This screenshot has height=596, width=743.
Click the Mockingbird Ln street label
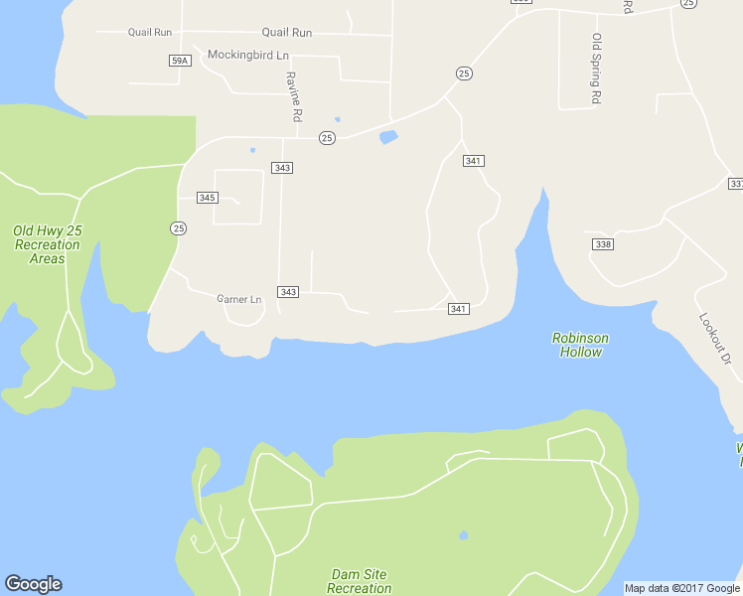click(x=247, y=54)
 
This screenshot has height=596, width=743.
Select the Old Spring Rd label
click(x=597, y=69)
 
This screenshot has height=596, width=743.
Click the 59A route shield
click(x=179, y=61)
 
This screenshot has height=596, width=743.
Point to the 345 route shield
click(x=207, y=198)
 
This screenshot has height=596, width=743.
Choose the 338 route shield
click(x=602, y=244)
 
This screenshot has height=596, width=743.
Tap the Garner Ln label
click(x=238, y=298)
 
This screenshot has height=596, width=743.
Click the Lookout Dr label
click(x=714, y=337)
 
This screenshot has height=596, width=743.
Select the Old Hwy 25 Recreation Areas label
click(x=47, y=244)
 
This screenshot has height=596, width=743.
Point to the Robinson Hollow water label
click(x=580, y=345)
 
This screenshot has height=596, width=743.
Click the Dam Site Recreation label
click(x=360, y=581)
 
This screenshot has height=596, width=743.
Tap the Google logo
click(x=33, y=584)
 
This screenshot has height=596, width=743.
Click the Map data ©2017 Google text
click(x=682, y=588)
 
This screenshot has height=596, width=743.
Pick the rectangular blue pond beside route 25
click(x=388, y=137)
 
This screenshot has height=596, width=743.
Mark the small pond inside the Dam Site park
click(x=463, y=535)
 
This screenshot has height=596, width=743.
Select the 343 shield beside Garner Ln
click(x=288, y=291)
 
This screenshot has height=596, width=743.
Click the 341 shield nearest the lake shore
click(x=458, y=309)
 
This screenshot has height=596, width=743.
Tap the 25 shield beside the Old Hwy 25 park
click(x=178, y=228)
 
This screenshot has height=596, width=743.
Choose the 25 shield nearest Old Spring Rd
click(x=464, y=74)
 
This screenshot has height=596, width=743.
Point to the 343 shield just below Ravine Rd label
click(x=282, y=168)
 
